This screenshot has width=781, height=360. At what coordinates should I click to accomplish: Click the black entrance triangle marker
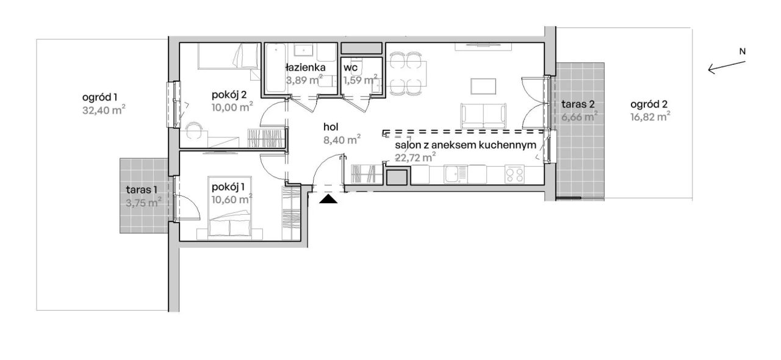click(328, 200)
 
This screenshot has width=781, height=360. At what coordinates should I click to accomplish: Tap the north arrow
click(727, 68)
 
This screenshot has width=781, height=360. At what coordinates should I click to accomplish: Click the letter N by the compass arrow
click(743, 52)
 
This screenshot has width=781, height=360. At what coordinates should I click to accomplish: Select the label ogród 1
click(99, 98)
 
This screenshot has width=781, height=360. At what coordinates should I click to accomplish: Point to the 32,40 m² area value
click(104, 110)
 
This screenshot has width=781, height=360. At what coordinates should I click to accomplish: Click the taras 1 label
click(142, 190)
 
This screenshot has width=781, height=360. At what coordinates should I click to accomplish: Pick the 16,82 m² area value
click(650, 117)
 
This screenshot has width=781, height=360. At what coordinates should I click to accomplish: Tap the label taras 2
click(578, 104)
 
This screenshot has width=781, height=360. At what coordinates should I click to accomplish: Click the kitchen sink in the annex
click(455, 175)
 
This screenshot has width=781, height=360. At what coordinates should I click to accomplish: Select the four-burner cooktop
click(514, 175)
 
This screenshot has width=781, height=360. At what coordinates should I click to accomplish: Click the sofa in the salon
click(483, 116)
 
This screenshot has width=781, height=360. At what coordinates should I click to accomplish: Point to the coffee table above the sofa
click(483, 86)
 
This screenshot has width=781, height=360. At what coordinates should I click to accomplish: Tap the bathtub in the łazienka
click(275, 68)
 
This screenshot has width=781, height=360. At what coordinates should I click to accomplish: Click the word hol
click(331, 127)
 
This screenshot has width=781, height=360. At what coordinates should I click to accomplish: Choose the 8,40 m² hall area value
click(342, 140)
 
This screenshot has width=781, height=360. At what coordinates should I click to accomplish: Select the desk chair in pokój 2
click(193, 131)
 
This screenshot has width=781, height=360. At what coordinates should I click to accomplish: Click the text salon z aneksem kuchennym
click(466, 145)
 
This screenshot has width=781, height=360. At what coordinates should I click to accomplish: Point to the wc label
click(350, 67)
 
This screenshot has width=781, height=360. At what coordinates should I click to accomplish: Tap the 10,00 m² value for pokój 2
click(232, 107)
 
